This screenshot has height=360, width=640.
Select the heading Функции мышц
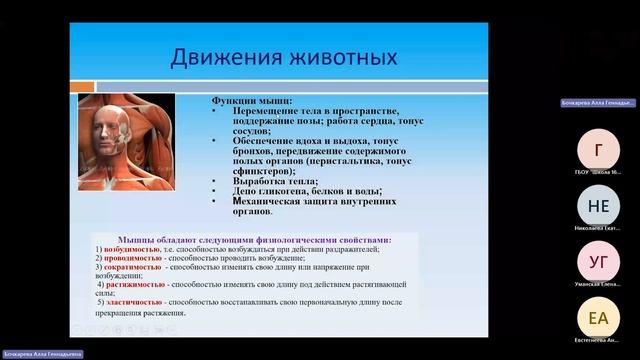click(250, 101)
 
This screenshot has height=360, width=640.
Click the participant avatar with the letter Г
click(598, 151)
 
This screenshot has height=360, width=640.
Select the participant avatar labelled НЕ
click(598, 207)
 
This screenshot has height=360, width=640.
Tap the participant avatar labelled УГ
click(598, 263)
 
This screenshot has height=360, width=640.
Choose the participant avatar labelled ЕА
click(598, 319)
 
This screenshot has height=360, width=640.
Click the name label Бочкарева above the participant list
click(598, 103)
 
